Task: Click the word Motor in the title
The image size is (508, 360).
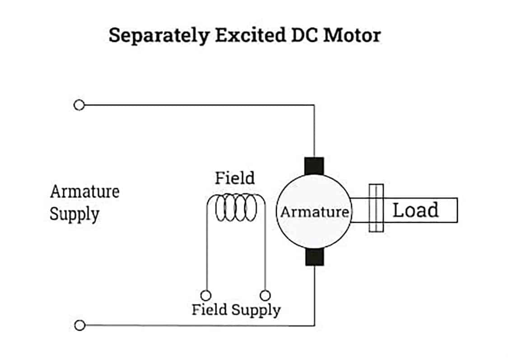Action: [x=352, y=35]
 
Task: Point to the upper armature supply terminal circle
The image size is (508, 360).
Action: [x=79, y=105]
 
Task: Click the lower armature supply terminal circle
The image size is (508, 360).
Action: [x=79, y=325]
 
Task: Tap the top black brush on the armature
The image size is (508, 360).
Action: [x=315, y=166]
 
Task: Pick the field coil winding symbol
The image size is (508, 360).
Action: [x=236, y=208]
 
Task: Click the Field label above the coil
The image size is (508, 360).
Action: [x=234, y=178]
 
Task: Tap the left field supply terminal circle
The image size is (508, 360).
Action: [x=206, y=295]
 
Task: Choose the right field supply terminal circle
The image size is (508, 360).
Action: [x=266, y=295]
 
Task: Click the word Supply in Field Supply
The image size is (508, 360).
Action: [x=256, y=310]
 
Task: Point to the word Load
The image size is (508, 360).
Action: [x=415, y=210]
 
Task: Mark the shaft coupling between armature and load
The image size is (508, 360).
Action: [x=376, y=208]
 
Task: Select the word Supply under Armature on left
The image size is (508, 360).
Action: [x=74, y=213]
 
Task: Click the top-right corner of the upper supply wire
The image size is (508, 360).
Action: [x=314, y=106]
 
